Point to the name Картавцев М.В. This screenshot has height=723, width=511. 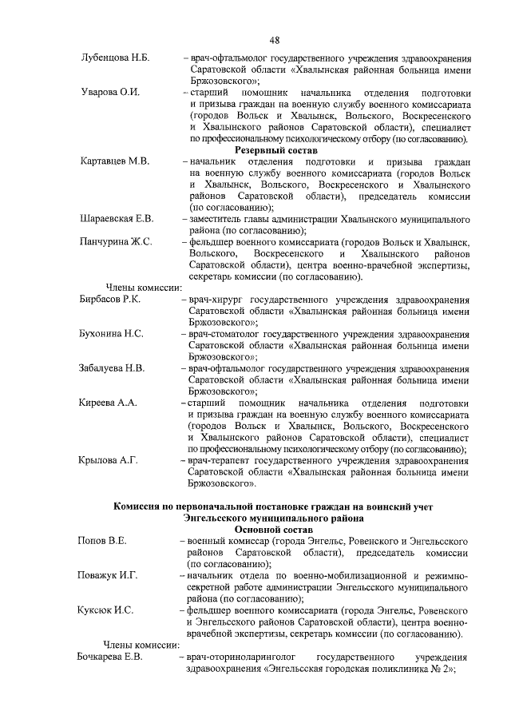pyautogui.click(x=115, y=161)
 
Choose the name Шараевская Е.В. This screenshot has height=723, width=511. pyautogui.click(x=117, y=218)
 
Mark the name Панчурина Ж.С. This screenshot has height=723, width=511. pyautogui.click(x=117, y=241)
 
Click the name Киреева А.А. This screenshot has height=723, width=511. pyautogui.click(x=109, y=403)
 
